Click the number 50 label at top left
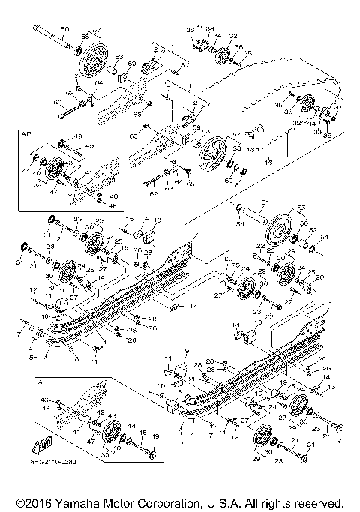tap(64, 28)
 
